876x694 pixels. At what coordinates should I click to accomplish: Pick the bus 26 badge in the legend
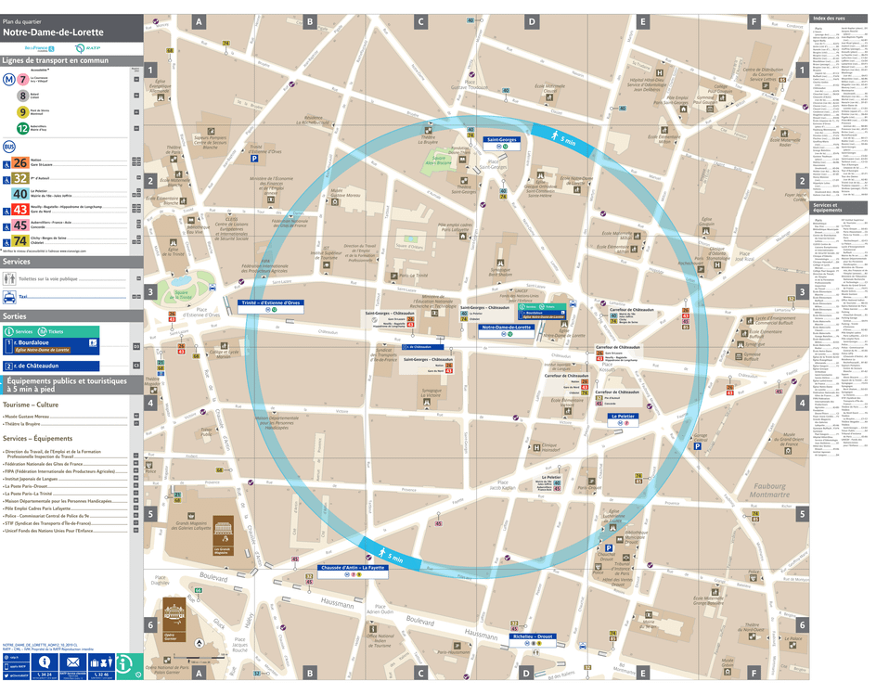point(19,162)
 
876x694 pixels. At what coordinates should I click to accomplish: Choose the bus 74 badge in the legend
point(19,241)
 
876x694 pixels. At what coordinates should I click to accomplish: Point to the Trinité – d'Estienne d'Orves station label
point(270,302)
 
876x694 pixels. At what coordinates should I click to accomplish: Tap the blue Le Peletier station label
point(622,417)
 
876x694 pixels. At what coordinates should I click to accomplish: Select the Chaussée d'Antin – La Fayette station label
point(353,567)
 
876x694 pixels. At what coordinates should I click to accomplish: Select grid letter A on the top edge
point(199,21)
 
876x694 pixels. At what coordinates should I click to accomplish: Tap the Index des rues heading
point(829,19)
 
